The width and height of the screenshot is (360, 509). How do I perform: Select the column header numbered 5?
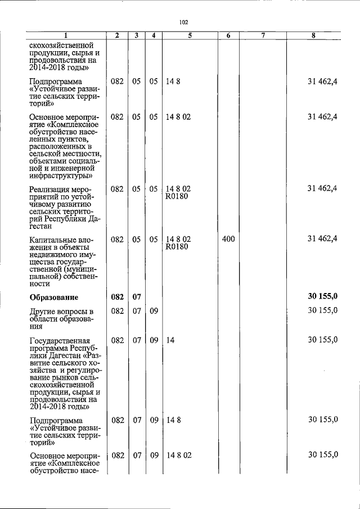[190, 35]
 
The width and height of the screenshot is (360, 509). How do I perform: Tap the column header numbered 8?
[313, 35]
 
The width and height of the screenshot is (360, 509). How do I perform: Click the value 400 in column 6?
[228, 239]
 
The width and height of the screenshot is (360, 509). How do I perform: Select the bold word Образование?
[54, 297]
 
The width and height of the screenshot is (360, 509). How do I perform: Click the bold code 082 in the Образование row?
[117, 297]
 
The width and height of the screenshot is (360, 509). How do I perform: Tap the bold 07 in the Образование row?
[136, 297]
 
